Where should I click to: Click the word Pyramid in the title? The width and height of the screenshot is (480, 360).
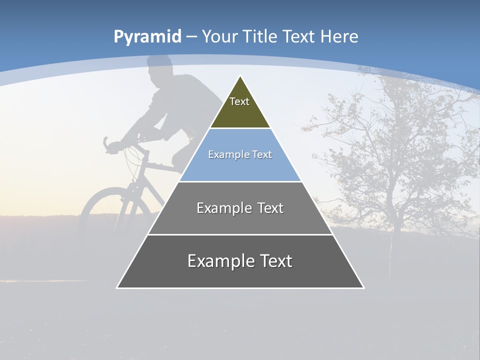click(147, 37)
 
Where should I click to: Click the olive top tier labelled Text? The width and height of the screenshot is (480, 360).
click(239, 107)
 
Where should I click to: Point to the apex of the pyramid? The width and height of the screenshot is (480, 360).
click(240, 76)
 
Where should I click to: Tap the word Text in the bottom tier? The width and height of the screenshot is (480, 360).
click(271, 261)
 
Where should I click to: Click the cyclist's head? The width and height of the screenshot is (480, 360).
click(160, 70)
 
